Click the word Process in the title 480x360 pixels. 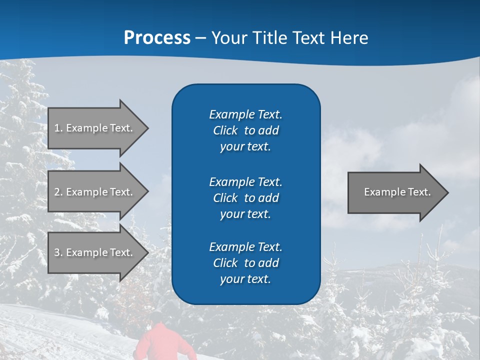coord(157,38)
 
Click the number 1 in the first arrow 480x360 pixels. coord(56,128)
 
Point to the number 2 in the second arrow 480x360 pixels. coord(57,192)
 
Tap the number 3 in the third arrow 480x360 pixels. coord(57,252)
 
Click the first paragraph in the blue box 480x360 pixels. coord(245,130)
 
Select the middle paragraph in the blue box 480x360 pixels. coord(245,198)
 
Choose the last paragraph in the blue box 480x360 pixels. coord(245,263)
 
